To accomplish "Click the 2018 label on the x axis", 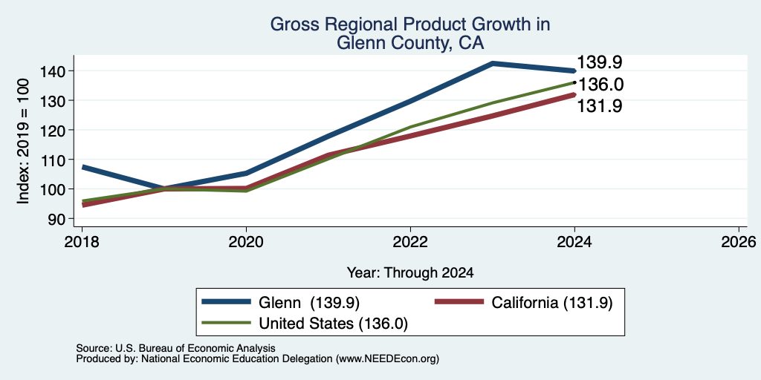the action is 82,242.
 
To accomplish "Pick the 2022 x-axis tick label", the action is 410,242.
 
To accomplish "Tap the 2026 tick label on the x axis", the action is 739,242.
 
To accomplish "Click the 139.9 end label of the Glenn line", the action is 600,62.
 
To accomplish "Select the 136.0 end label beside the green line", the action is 600,85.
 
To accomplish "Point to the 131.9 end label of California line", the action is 600,106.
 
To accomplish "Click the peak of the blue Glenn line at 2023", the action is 493,63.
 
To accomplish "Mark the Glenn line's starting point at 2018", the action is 82,167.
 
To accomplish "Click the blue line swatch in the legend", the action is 227,302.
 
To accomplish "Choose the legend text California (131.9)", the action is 552,303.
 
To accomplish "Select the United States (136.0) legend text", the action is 334,324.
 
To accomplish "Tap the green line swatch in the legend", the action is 227,323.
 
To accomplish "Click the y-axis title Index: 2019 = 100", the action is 23,141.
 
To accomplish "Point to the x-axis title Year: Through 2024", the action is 410,273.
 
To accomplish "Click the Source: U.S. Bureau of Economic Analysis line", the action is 175,348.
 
